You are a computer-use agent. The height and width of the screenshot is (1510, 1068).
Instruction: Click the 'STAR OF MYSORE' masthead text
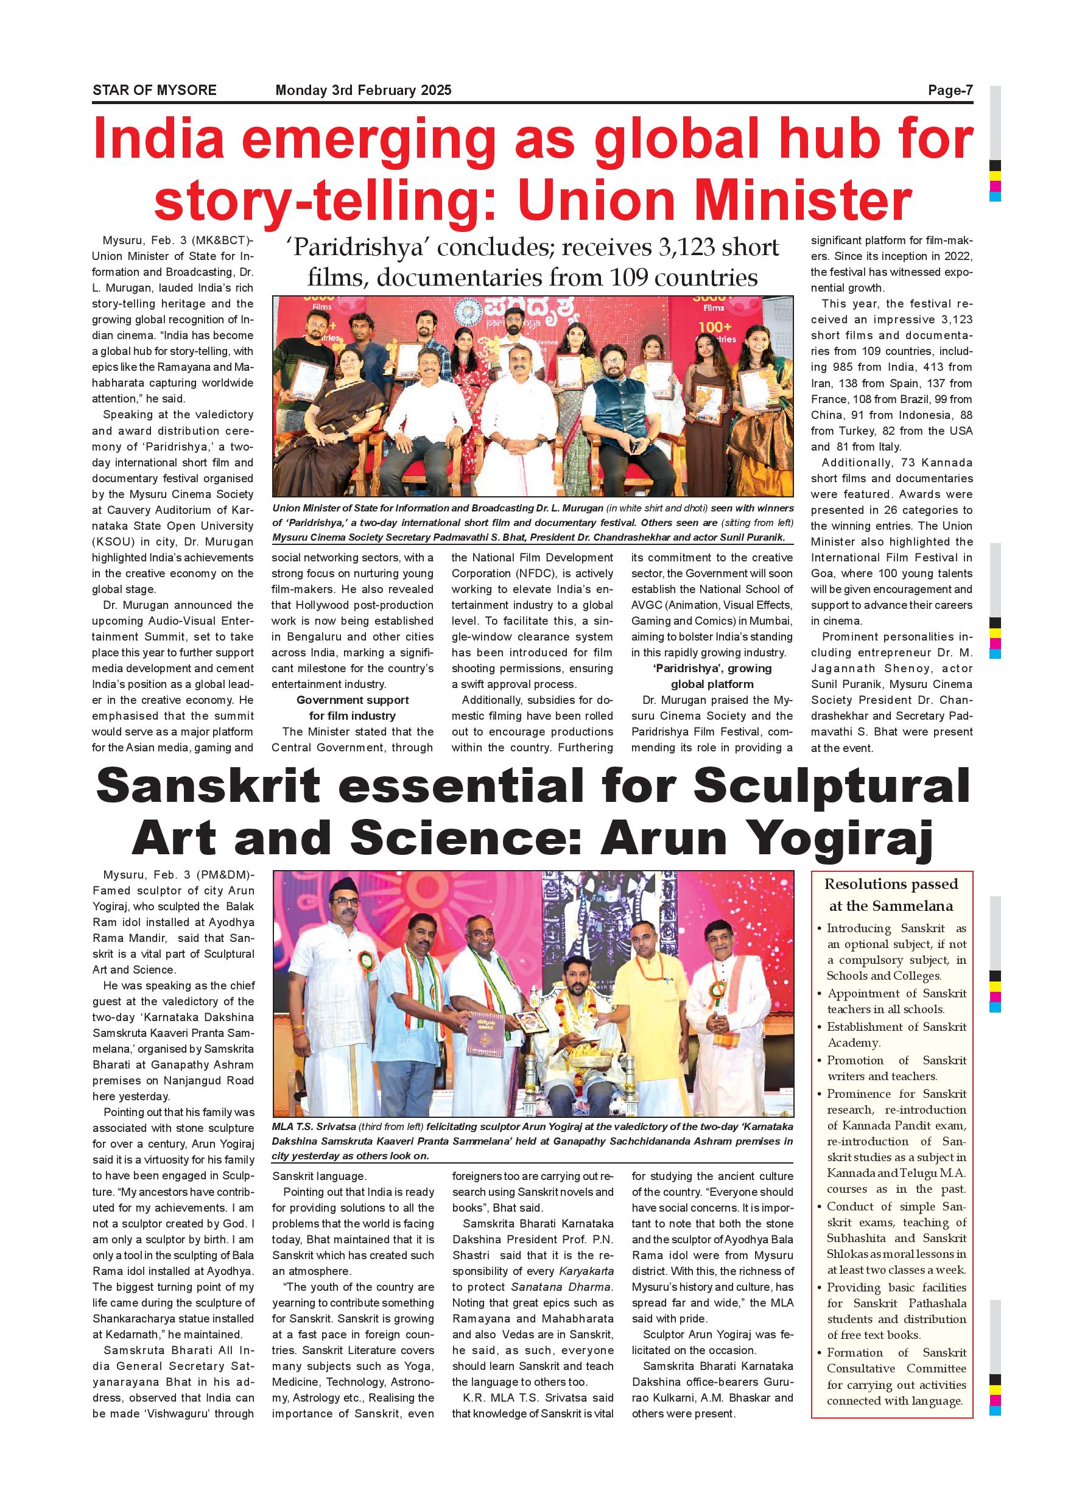[x=154, y=90]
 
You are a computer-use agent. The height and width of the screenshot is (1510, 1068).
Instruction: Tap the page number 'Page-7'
[x=950, y=90]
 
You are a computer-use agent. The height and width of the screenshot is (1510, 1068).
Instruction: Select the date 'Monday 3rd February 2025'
[x=363, y=90]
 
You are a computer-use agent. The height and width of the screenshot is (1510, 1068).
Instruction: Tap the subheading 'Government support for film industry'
[x=353, y=708]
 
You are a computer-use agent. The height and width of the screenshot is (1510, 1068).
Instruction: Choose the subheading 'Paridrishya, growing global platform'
[x=712, y=676]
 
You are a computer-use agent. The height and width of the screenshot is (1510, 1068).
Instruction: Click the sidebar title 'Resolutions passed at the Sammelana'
[x=891, y=894]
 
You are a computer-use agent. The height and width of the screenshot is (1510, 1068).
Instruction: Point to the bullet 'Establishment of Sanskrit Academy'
[x=896, y=1034]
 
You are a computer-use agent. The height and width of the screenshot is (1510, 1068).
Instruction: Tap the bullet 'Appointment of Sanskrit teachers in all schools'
[x=896, y=1001]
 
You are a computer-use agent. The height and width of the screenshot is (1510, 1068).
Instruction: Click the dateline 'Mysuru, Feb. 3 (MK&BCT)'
[x=178, y=241]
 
